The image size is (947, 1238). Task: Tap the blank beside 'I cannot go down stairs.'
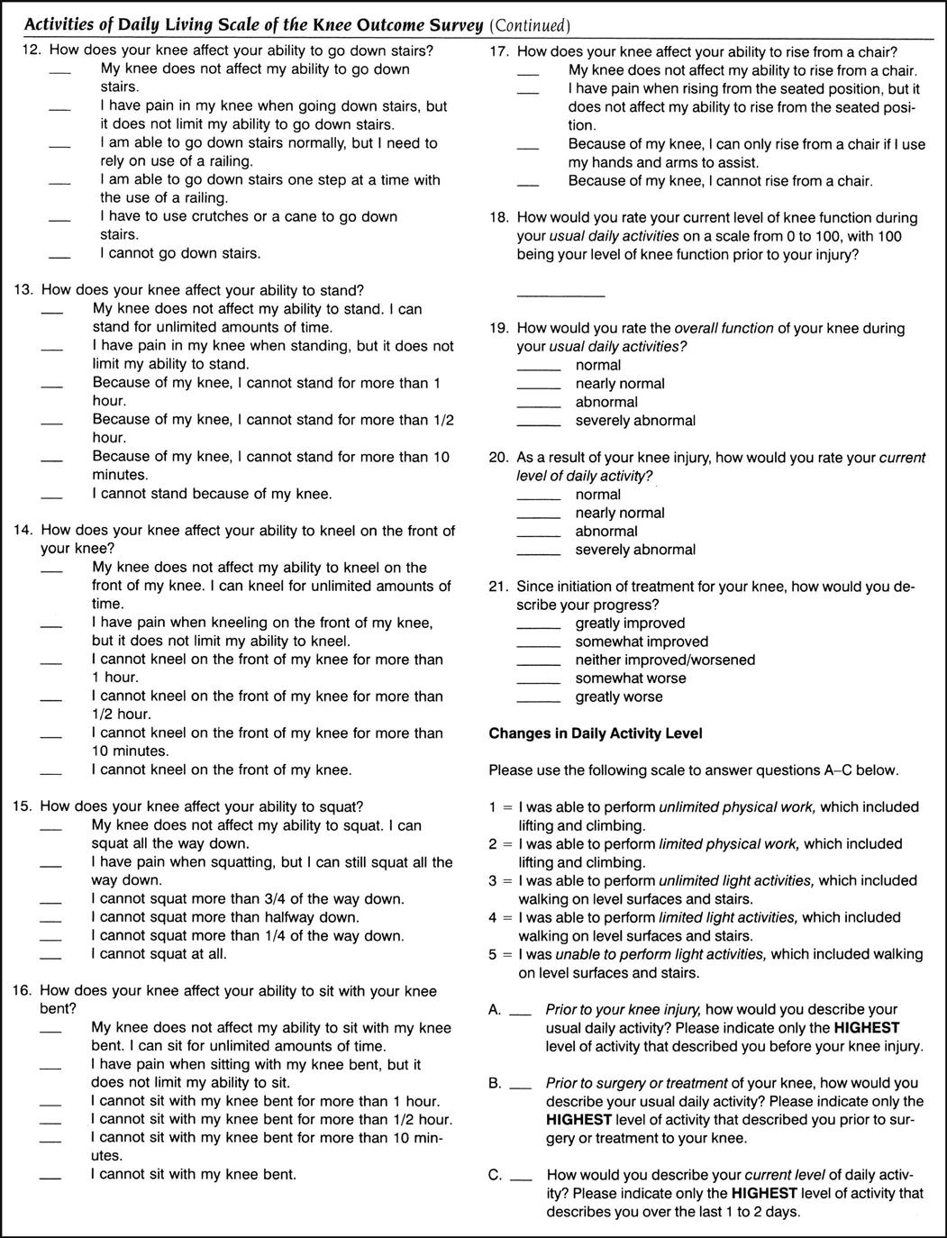tap(59, 258)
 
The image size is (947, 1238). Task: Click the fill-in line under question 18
tap(560, 295)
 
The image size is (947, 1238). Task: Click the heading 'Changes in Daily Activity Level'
tap(596, 733)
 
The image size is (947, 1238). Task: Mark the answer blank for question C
tap(521, 1179)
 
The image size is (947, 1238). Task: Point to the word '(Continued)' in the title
tap(530, 24)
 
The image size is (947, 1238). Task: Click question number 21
tap(498, 587)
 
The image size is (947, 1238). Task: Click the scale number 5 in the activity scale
tap(493, 954)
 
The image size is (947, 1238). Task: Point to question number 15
tap(23, 806)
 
